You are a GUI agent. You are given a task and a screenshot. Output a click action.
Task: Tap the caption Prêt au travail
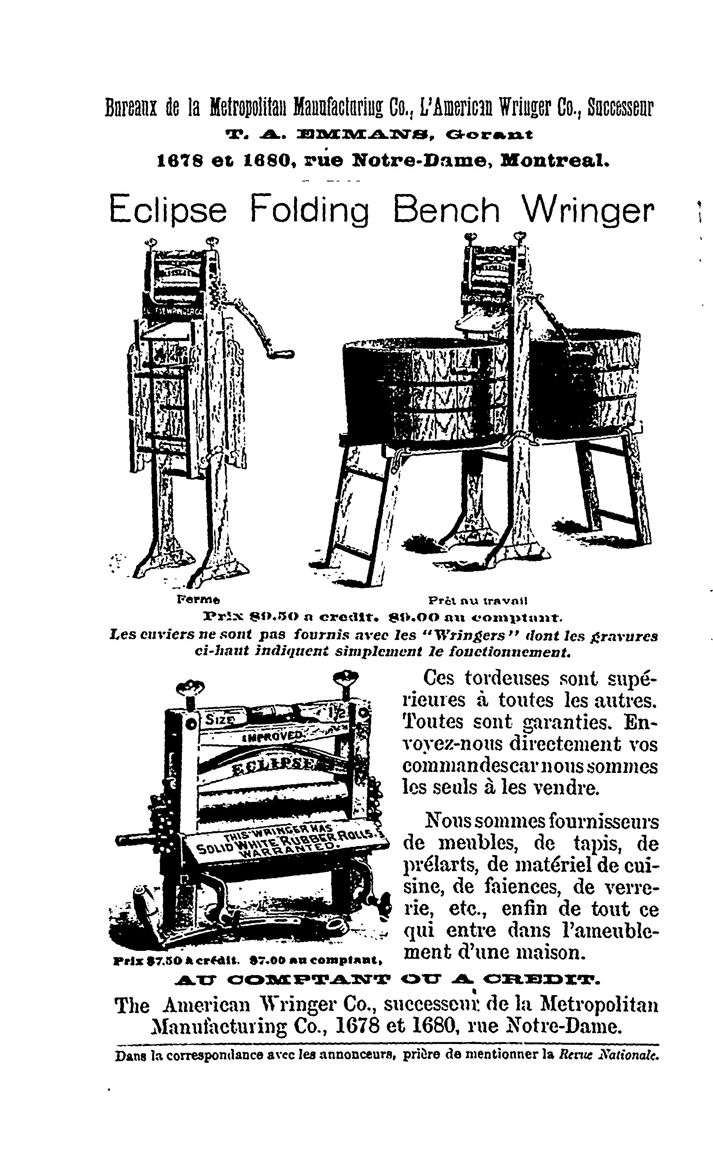tap(477, 601)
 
